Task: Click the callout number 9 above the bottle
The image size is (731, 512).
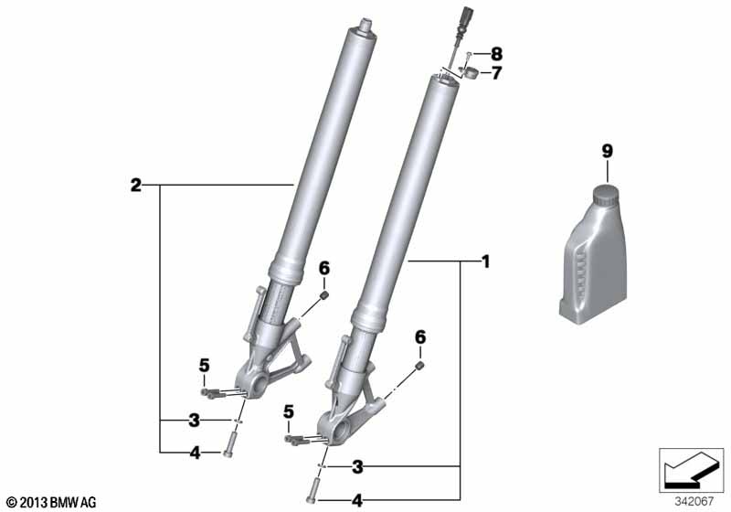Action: (x=607, y=152)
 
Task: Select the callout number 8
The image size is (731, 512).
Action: (x=496, y=54)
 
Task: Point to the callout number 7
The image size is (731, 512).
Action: (x=496, y=73)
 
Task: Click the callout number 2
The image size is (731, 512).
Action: (x=135, y=186)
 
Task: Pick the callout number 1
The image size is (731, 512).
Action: (x=486, y=262)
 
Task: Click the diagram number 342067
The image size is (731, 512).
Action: (x=694, y=502)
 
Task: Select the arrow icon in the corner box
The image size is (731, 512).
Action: (x=691, y=470)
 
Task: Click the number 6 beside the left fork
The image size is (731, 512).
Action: (x=324, y=269)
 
